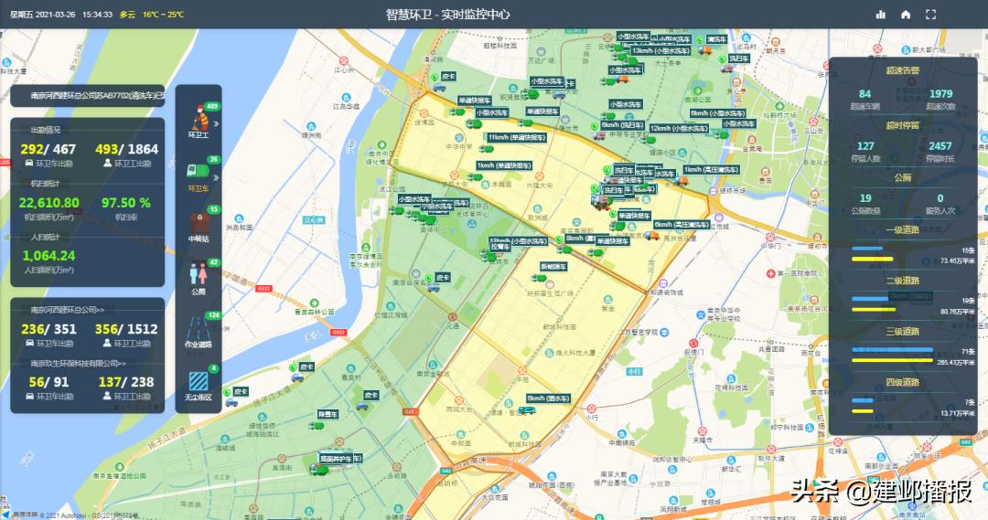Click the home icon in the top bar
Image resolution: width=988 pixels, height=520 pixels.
click(906, 15)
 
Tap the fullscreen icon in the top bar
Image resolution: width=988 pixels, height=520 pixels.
click(931, 15)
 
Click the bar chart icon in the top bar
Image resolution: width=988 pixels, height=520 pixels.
click(881, 15)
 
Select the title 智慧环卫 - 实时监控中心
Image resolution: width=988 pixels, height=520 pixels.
click(447, 15)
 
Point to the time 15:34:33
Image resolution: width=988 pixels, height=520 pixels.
click(97, 15)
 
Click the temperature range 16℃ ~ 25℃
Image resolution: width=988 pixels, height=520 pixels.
click(163, 15)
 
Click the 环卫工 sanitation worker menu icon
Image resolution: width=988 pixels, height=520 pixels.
click(198, 120)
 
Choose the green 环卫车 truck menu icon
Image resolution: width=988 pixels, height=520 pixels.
click(198, 171)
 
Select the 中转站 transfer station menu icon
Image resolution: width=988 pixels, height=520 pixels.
click(198, 223)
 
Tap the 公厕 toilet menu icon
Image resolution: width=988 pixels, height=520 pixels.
click(198, 273)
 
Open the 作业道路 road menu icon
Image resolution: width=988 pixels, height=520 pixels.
click(198, 327)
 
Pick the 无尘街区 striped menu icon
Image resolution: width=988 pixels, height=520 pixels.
click(198, 379)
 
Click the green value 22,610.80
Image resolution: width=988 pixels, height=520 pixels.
click(48, 203)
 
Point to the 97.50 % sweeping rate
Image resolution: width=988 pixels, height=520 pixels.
click(126, 203)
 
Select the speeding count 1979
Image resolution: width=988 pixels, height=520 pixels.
click(940, 94)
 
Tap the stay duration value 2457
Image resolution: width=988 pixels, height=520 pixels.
click(940, 146)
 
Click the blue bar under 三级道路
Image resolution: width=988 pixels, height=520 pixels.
click(892, 350)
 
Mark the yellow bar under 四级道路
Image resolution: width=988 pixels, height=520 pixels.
click(862, 411)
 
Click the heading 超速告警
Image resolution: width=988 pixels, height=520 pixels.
click(902, 69)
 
